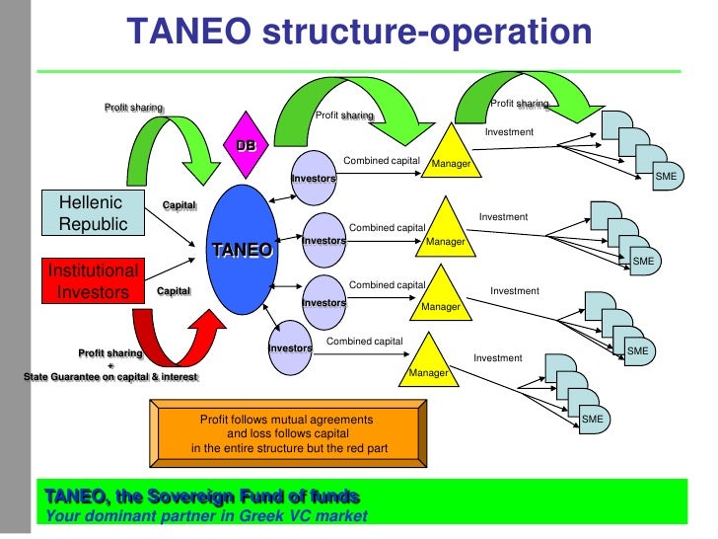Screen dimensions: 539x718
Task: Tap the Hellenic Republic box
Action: click(x=94, y=213)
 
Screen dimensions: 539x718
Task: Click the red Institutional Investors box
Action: click(x=94, y=280)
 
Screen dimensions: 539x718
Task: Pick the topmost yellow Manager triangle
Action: click(x=451, y=154)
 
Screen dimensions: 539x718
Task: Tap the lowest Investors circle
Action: click(x=290, y=347)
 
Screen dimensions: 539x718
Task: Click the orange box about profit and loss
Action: click(x=287, y=434)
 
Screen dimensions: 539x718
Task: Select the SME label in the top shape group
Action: click(x=667, y=176)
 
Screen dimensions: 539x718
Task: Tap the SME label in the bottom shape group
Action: click(x=592, y=420)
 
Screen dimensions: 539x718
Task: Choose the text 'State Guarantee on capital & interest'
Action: click(x=110, y=376)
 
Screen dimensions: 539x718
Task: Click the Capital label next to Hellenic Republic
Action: click(x=179, y=205)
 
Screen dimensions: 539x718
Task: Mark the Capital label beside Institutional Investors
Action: click(x=174, y=292)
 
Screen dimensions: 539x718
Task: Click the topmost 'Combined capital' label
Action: click(x=382, y=160)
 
